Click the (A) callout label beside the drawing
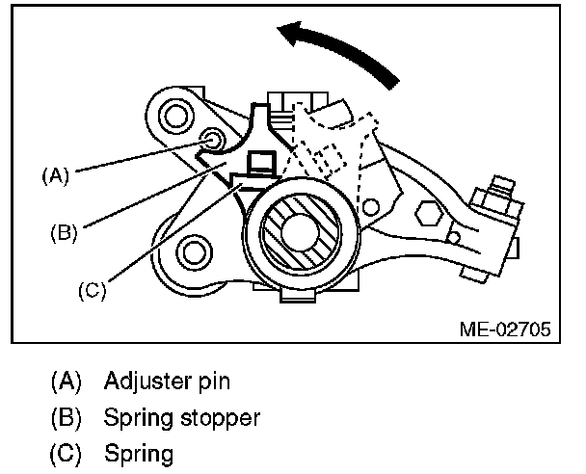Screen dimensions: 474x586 [57, 175]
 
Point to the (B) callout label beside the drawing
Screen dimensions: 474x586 [65, 231]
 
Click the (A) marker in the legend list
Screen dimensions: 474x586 [65, 382]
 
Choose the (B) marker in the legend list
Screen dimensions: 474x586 [65, 418]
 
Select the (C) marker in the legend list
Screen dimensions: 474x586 [65, 453]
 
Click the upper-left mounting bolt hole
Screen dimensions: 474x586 [176, 117]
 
